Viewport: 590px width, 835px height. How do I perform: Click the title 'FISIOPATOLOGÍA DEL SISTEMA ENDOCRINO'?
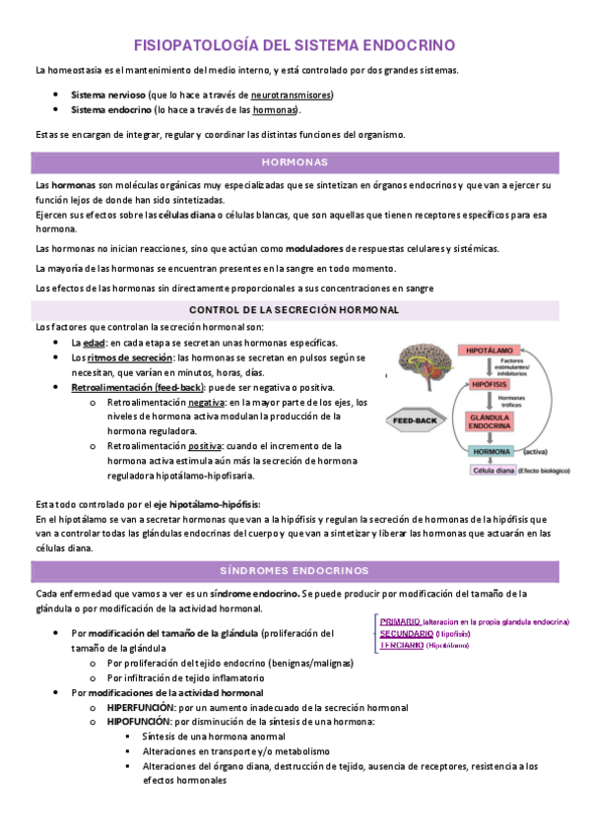tap(295, 45)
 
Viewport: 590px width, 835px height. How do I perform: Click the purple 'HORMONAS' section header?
tap(295, 161)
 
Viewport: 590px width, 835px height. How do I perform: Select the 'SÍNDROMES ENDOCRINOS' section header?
tap(295, 571)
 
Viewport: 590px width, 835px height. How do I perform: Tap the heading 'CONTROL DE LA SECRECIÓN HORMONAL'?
tap(295, 310)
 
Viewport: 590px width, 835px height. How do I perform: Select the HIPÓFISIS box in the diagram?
tap(489, 384)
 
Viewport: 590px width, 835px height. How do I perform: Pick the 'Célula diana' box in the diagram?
tap(494, 471)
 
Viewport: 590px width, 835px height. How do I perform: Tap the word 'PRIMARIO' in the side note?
tap(400, 622)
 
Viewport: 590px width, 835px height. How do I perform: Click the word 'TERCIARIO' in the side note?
tap(402, 646)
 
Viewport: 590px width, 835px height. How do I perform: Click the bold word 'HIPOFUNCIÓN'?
tap(142, 722)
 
